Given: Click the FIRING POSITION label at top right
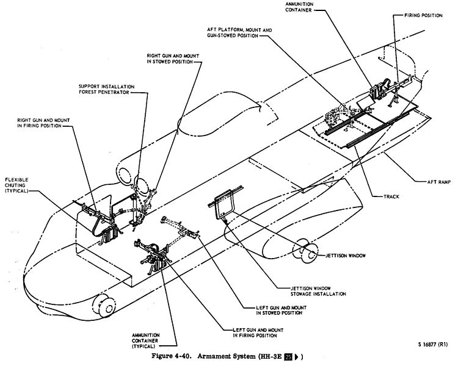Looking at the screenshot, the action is [423, 15].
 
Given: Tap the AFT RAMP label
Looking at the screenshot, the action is [438, 182].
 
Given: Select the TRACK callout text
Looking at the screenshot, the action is [391, 196].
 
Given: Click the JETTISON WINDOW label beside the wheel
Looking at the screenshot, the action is [346, 256].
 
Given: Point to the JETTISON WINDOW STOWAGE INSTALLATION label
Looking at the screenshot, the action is [318, 291].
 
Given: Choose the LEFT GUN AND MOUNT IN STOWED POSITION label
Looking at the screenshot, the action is [281, 310].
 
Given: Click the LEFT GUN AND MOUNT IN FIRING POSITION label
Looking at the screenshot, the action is [258, 332].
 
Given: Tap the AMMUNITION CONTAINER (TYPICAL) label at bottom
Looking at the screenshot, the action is [145, 340].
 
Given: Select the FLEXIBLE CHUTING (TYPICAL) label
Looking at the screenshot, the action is [16, 185].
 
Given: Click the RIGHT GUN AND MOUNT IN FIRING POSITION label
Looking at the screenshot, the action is [43, 123].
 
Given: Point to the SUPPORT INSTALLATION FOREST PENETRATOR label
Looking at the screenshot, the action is [106, 89].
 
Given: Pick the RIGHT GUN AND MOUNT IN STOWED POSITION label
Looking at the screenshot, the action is [173, 59].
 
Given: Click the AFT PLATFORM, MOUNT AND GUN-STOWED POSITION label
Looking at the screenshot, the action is [239, 33].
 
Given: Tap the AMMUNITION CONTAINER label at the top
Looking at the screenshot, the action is [299, 7].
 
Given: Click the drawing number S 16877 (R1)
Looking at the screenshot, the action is [432, 345].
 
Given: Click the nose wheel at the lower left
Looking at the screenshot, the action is [104, 306].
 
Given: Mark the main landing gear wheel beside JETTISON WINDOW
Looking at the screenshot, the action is [305, 251].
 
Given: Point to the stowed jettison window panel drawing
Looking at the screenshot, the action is [224, 203].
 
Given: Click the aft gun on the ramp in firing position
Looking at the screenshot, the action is [391, 88].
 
